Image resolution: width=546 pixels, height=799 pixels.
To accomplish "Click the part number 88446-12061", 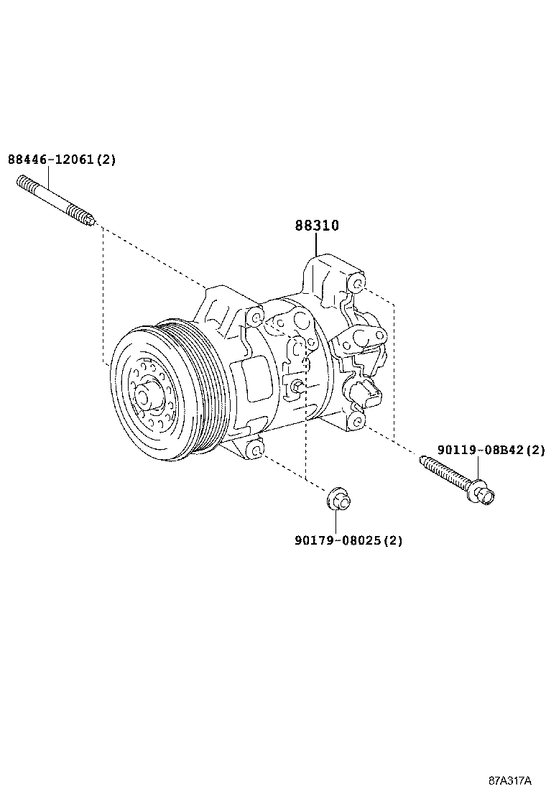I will [50, 160].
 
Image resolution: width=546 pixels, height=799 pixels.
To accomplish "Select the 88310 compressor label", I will [316, 226].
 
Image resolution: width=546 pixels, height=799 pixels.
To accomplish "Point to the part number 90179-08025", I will [337, 540].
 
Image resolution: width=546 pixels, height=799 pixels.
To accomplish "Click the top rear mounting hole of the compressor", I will [357, 285].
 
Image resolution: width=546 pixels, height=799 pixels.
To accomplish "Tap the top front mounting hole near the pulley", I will [254, 318].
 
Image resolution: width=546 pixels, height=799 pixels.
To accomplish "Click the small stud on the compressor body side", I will [296, 388].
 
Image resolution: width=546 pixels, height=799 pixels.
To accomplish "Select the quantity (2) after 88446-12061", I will [106, 160].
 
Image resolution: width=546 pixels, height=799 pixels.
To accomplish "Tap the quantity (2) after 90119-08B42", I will [535, 451].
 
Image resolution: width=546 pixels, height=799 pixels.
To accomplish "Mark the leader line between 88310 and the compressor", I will [316, 244].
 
